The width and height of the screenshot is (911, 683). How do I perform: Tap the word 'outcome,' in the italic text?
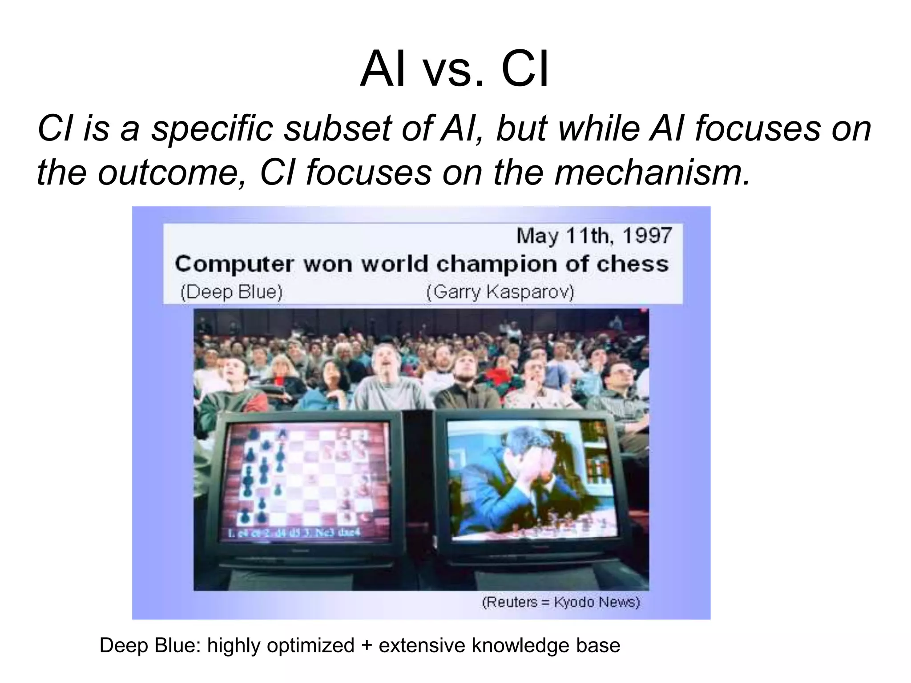pos(172,173)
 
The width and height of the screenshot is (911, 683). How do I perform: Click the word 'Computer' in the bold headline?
pos(234,264)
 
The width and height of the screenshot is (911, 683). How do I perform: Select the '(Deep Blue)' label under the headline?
pos(231,292)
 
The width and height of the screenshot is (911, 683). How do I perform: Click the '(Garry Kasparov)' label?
pos(500,292)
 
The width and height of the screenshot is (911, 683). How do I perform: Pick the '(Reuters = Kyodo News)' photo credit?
pos(561,602)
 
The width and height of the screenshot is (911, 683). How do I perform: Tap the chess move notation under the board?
pos(294,533)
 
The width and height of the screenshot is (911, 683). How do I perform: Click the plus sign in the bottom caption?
pos(367,646)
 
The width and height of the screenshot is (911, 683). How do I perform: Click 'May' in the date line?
pos(537,235)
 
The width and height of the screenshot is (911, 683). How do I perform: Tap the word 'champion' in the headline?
pos(496,264)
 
